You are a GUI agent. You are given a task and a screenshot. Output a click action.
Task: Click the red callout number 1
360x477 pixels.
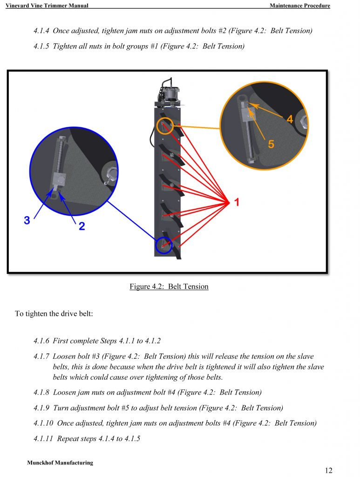click(237, 202)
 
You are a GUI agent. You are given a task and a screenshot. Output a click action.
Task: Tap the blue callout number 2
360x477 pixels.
click(82, 226)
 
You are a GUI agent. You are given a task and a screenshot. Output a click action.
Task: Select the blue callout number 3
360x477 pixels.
click(27, 220)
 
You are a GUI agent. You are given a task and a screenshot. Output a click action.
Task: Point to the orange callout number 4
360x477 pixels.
click(290, 119)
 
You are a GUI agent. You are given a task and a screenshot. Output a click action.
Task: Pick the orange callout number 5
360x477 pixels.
click(271, 144)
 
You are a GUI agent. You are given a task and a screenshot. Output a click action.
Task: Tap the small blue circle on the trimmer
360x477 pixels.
click(163, 245)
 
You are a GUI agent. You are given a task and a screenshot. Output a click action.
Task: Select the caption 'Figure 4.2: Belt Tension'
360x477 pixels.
click(169, 286)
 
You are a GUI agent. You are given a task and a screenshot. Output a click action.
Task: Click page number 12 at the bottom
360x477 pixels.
click(328, 470)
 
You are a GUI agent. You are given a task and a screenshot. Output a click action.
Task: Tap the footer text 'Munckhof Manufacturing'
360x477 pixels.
click(60, 463)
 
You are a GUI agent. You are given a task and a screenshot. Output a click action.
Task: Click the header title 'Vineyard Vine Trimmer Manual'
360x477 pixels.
click(47, 6)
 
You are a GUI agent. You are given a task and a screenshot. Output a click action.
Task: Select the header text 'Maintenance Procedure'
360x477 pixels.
click(299, 6)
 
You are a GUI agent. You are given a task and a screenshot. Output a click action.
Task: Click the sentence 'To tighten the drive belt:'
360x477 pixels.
click(54, 313)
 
